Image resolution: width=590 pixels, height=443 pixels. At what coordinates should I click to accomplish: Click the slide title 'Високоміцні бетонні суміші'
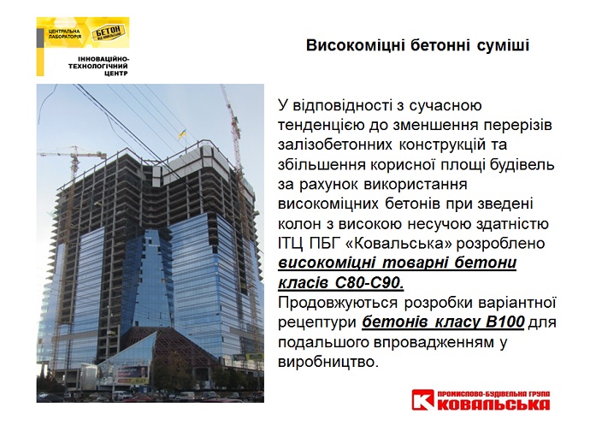(417, 45)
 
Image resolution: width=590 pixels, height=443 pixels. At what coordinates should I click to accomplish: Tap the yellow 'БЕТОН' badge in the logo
(108, 32)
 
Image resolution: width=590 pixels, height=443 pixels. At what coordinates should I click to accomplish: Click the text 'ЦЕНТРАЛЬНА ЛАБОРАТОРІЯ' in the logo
(65, 34)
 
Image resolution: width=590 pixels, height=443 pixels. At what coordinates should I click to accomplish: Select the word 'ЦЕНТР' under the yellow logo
(117, 74)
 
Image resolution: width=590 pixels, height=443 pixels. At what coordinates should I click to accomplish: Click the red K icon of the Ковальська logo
(423, 399)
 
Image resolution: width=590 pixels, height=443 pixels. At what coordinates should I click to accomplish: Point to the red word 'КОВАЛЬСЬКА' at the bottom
(493, 405)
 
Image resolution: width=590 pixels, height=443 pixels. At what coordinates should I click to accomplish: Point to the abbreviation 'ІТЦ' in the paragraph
(291, 243)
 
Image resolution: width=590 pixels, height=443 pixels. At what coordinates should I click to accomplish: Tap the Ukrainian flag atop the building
(182, 133)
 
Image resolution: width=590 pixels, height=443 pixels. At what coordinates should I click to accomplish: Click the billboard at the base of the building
(132, 374)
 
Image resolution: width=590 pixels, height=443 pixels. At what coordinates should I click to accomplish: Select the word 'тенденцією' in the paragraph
(321, 125)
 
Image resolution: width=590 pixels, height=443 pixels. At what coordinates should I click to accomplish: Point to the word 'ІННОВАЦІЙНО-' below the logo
(103, 60)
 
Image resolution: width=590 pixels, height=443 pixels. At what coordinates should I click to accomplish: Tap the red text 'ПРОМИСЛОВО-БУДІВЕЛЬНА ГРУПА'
(493, 393)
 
